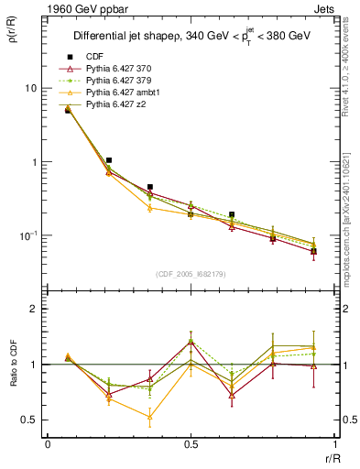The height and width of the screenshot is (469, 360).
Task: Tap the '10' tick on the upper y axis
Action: [29, 89]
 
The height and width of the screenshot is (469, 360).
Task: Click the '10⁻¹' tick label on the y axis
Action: [27, 235]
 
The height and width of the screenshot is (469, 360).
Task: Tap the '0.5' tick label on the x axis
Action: [190, 444]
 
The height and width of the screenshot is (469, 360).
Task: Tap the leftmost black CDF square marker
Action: [68, 110]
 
